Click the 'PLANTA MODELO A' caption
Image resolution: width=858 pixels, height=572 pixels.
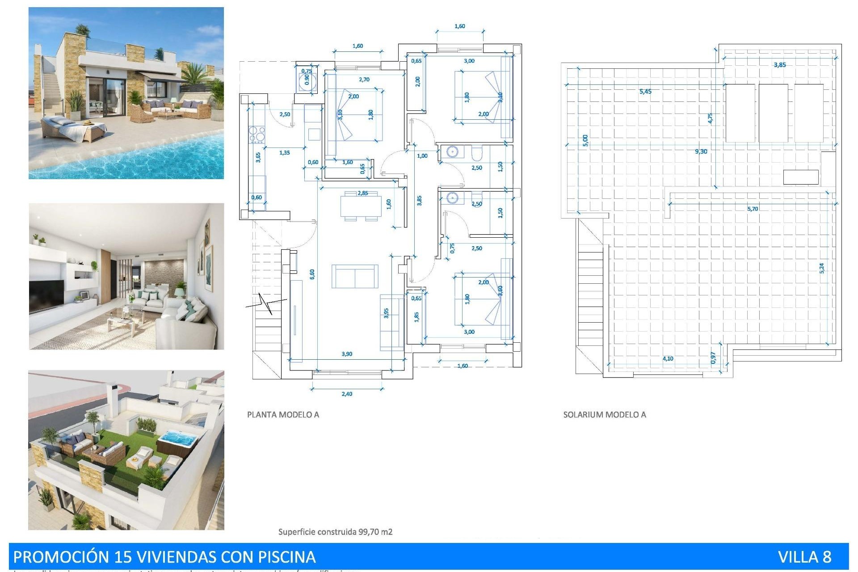(283, 415)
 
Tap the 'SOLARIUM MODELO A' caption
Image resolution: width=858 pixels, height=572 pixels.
(604, 415)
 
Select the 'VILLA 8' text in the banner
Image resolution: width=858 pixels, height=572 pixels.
(804, 557)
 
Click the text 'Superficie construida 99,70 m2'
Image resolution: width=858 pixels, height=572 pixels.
(335, 532)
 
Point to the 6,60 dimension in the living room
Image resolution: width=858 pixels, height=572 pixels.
(312, 274)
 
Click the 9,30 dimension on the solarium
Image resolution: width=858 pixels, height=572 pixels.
(701, 151)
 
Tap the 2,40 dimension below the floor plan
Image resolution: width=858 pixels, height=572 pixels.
(347, 394)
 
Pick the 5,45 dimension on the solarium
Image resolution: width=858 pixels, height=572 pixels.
(645, 92)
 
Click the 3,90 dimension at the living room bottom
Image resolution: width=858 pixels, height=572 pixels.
(347, 354)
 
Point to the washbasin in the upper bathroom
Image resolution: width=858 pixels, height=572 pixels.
(453, 152)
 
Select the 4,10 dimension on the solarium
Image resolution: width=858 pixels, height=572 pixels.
(668, 358)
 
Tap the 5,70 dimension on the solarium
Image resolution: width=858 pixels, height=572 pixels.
(753, 209)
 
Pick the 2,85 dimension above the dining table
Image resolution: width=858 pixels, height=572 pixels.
(362, 193)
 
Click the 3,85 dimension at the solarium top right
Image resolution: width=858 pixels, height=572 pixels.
(779, 65)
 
